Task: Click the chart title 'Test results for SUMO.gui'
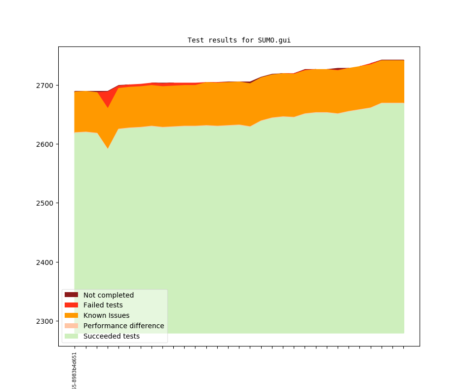tap(239, 40)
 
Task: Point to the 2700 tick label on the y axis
tap(46, 86)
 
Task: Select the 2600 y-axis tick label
tap(46, 144)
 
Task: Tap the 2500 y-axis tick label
tap(46, 203)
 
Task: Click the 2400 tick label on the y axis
tap(46, 262)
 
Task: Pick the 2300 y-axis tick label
tap(46, 321)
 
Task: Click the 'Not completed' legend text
tap(108, 295)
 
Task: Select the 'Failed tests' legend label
tap(103, 305)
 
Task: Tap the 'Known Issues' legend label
tap(106, 315)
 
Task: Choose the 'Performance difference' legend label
tap(123, 326)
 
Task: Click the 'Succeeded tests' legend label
tap(111, 336)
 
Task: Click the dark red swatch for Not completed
tap(71, 295)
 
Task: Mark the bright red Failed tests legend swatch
tap(71, 305)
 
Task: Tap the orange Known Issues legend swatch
tap(71, 315)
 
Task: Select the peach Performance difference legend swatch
tap(71, 326)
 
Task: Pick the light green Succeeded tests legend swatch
tap(71, 336)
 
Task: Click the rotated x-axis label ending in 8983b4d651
tap(75, 371)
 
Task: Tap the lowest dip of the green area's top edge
tap(108, 148)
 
